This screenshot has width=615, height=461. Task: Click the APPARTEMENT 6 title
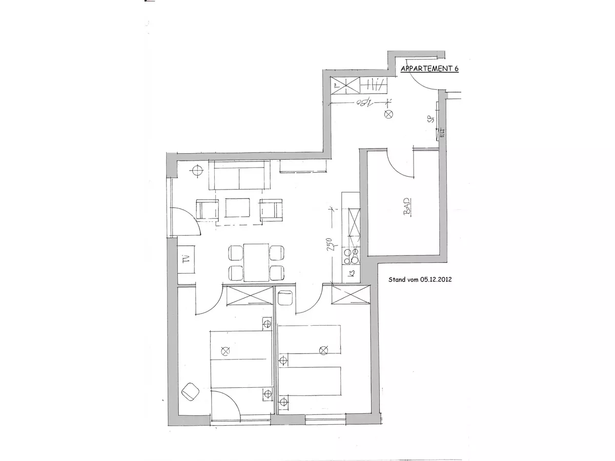[429, 70]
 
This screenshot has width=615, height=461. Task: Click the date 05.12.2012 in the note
[436, 280]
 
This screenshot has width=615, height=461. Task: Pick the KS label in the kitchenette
[352, 274]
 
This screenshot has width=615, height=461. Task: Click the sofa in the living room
[239, 175]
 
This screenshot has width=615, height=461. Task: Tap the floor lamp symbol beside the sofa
[198, 171]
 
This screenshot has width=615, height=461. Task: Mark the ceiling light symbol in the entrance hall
[388, 114]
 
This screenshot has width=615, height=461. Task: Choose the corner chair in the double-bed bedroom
[191, 392]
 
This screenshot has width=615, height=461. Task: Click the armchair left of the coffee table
[207, 209]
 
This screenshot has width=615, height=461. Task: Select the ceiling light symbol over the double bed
[224, 351]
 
